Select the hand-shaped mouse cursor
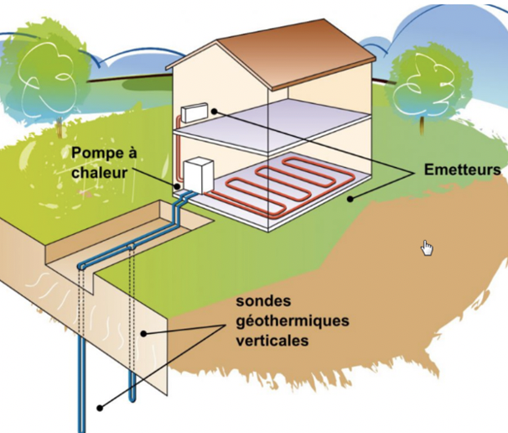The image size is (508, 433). click(428, 247)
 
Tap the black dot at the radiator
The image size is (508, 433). click(215, 111)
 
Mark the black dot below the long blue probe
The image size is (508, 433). click(100, 408)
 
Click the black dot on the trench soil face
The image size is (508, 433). click(143, 333)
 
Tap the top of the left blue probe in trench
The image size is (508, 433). click(81, 267)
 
